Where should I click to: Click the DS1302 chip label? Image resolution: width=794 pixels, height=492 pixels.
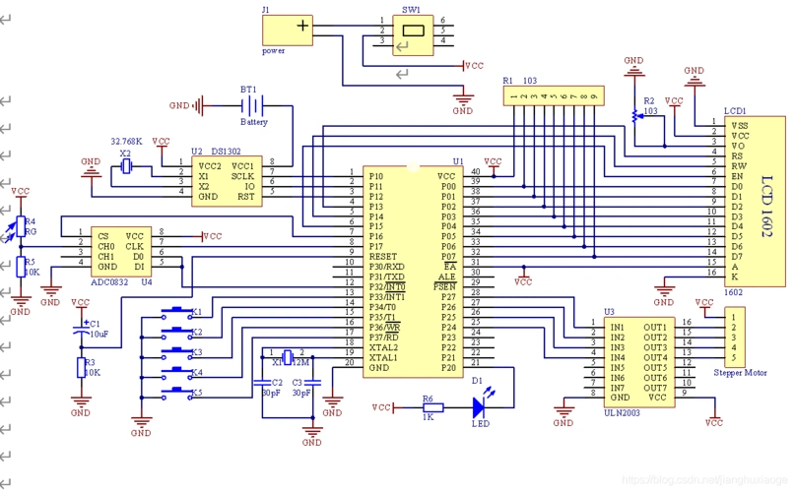coord(226,153)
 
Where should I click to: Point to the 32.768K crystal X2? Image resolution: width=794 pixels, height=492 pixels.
coord(125,168)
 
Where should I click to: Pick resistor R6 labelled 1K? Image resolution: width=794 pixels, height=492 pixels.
coord(430,406)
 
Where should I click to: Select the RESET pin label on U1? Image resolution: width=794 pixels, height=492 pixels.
coord(383,255)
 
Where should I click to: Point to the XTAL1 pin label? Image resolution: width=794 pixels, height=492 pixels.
coord(384,357)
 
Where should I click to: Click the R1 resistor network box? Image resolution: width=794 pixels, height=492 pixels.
coord(551,95)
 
